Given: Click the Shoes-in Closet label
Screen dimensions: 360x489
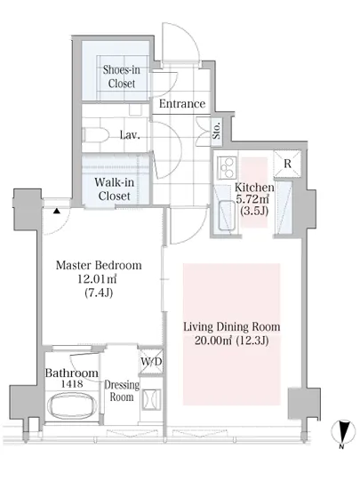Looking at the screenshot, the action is click(x=122, y=76).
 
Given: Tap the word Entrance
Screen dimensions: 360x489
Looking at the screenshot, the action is click(x=182, y=104).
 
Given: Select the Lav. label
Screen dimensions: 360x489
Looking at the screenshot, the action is click(x=130, y=135).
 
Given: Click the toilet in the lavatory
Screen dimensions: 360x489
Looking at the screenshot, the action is click(x=95, y=135).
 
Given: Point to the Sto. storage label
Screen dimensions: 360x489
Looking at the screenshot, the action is click(x=217, y=130).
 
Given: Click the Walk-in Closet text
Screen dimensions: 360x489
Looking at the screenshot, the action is click(x=115, y=189).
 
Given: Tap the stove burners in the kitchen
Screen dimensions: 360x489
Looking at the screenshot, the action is click(x=228, y=168).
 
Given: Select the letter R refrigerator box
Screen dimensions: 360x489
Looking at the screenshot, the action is click(x=287, y=164).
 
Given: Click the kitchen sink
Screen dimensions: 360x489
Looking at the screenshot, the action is click(x=227, y=216).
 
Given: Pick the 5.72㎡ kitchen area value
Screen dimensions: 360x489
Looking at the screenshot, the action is click(x=252, y=199).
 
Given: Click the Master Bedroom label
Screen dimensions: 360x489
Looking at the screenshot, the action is click(x=99, y=266).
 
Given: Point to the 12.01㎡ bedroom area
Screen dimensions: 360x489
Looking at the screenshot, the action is click(x=97, y=279).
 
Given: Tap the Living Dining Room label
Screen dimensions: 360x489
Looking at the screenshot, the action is click(x=232, y=327).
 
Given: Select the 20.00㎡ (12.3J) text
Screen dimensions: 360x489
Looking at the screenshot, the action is click(x=232, y=341).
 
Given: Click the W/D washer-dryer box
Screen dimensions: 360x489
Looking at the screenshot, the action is click(x=151, y=362).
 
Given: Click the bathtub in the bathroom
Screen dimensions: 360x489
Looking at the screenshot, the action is click(x=72, y=406).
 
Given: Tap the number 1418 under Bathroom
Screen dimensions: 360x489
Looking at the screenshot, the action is click(x=72, y=384).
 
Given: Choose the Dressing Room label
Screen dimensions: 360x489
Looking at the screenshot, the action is click(x=122, y=391).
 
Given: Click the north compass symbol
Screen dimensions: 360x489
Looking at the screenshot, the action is click(x=342, y=431).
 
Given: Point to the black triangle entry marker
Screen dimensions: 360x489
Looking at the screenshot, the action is click(x=56, y=211).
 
